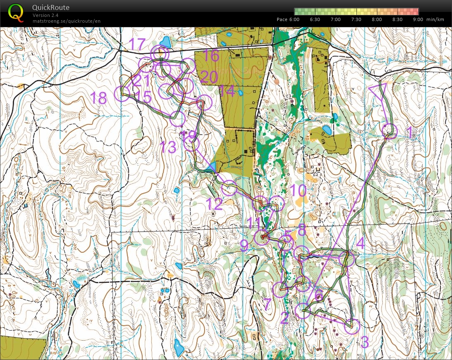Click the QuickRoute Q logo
[x=16, y=13]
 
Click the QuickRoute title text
[x=51, y=7]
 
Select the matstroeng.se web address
[x=66, y=21]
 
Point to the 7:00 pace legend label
[x=336, y=19]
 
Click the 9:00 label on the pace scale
[x=418, y=19]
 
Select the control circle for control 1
[x=389, y=131]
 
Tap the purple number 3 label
[x=364, y=342]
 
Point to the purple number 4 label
[x=360, y=243]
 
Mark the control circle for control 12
[x=229, y=188]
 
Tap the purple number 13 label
[x=168, y=147]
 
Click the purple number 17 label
[x=138, y=44]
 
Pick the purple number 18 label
[x=99, y=98]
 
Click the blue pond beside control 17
[x=166, y=42]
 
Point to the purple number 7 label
[x=267, y=305]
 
